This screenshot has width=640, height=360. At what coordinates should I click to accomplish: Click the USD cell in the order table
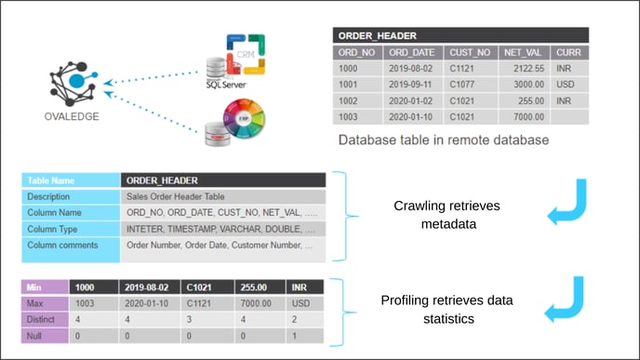[566, 84]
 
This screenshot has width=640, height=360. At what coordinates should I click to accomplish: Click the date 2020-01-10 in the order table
[413, 117]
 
